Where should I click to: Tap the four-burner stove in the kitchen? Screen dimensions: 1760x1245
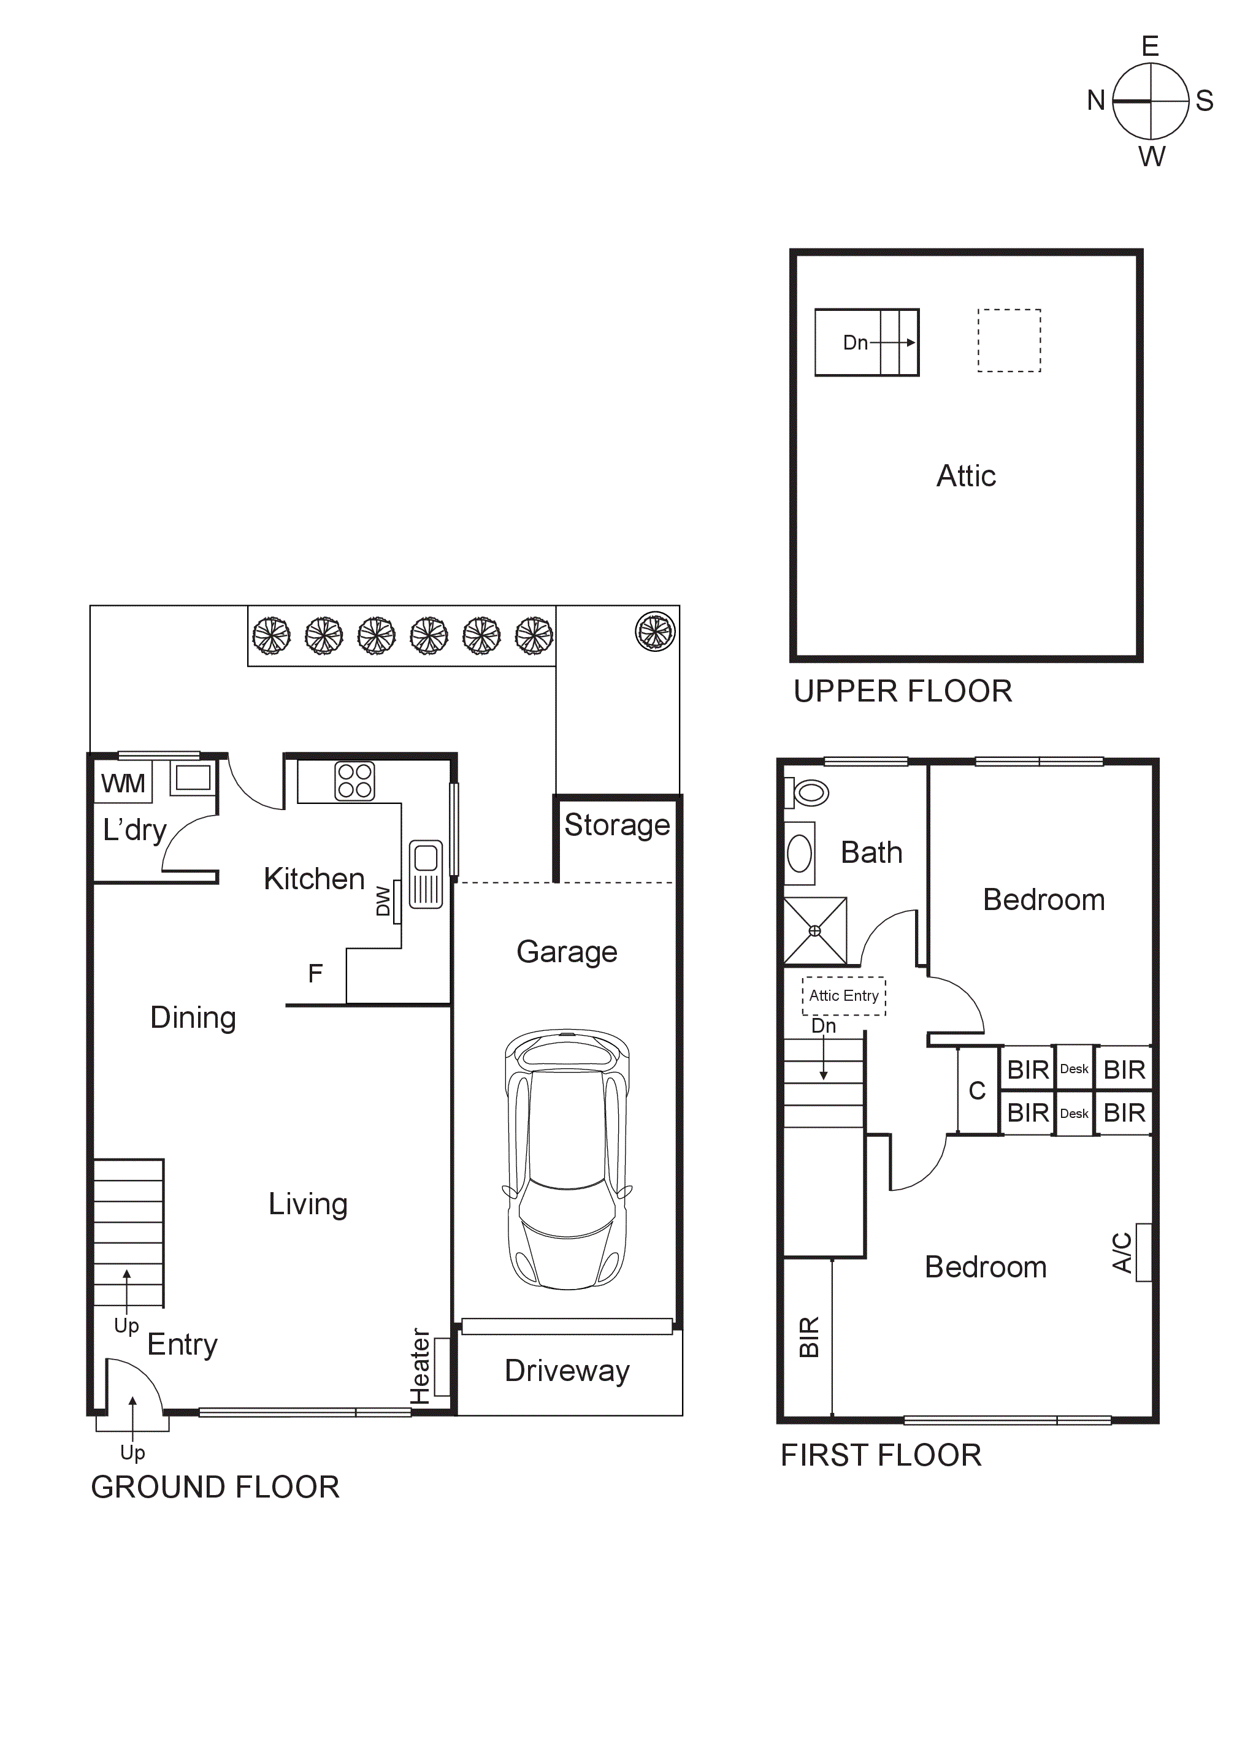coord(354,781)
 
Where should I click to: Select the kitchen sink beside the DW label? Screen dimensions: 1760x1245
coord(426,874)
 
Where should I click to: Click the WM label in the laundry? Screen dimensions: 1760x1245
coord(123,784)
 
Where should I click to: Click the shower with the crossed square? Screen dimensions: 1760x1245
coord(815,931)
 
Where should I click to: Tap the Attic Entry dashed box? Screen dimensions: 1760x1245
coord(843,996)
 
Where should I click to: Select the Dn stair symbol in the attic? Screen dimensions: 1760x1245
coord(866,342)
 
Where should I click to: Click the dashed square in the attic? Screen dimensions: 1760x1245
coord(1009,340)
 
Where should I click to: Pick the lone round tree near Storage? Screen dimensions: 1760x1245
coord(655,632)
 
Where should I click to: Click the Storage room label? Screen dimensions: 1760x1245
coord(617,825)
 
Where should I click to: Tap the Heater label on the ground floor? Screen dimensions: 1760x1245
coord(420,1366)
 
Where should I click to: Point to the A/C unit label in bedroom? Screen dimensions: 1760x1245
coord(1122,1252)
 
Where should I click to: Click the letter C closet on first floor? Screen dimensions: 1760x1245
coord(976,1090)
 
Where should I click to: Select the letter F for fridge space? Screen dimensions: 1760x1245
coord(315,974)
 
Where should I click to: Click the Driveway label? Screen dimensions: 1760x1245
coord(567,1371)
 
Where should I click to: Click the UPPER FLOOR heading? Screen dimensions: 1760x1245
coord(902,691)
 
